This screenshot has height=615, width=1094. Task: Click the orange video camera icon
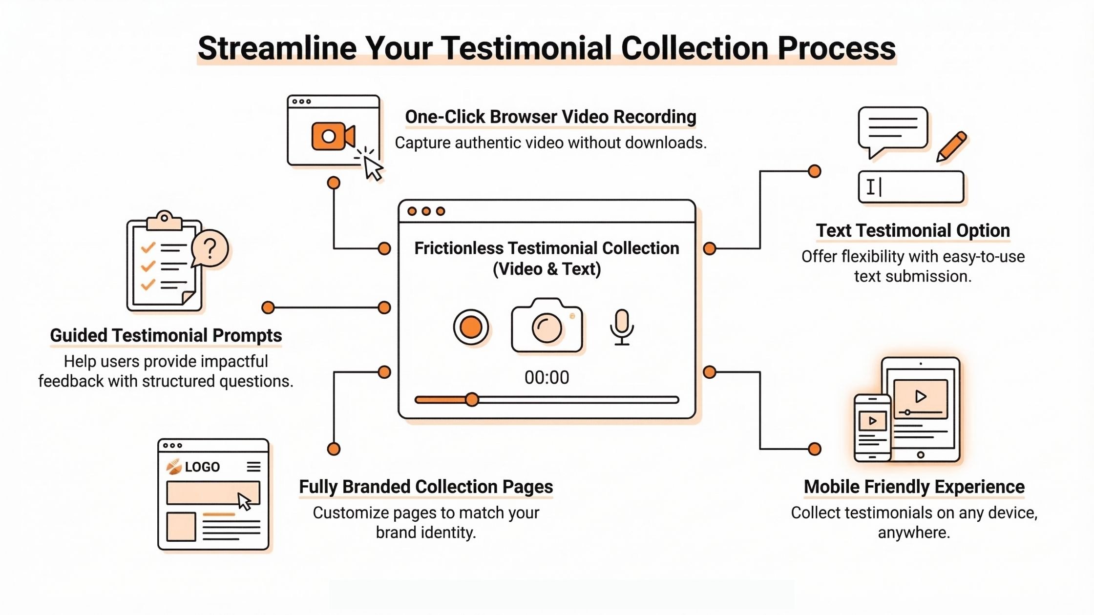click(x=333, y=136)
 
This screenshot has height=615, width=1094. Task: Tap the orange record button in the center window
click(x=471, y=327)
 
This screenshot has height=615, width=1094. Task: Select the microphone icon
click(x=622, y=327)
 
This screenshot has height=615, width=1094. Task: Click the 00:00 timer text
click(x=547, y=377)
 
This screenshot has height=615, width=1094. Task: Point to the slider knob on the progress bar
click(x=472, y=400)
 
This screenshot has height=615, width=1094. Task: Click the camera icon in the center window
click(x=547, y=326)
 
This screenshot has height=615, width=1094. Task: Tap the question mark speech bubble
click(x=210, y=248)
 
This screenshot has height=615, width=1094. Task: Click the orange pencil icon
click(x=951, y=146)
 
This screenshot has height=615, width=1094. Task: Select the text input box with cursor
click(x=911, y=187)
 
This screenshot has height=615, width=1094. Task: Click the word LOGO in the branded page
click(x=202, y=467)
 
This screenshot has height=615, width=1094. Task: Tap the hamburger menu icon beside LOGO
click(x=253, y=467)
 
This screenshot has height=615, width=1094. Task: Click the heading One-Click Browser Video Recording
click(x=550, y=117)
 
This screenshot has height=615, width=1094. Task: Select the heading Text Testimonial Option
click(x=913, y=230)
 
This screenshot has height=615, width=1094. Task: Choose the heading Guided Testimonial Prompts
click(x=166, y=335)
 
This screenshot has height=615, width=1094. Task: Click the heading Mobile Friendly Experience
click(x=914, y=487)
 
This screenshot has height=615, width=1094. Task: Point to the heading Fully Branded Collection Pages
click(x=426, y=487)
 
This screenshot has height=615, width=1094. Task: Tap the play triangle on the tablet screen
click(x=921, y=396)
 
